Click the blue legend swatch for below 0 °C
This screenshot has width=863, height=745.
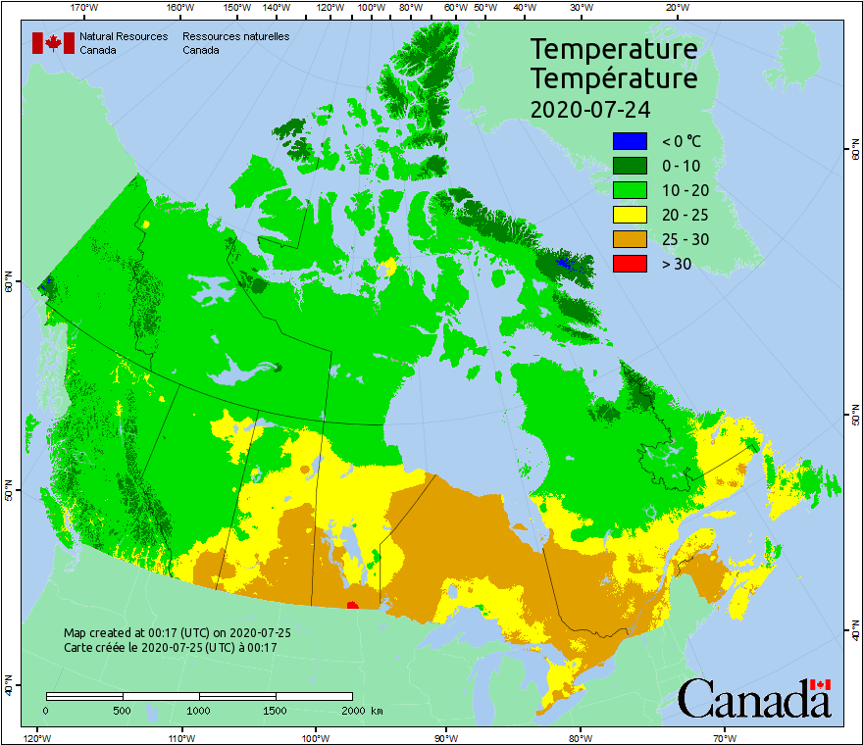tap(630, 141)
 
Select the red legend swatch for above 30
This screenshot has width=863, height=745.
tap(630, 263)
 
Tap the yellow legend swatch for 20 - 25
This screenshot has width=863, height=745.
tap(630, 215)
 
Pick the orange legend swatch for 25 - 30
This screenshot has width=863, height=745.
tap(630, 239)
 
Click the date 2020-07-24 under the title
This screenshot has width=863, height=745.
tap(590, 108)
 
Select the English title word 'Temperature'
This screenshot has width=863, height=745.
tap(614, 49)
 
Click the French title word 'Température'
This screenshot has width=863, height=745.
tap(614, 77)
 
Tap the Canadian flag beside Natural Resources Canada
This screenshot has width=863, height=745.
tap(53, 43)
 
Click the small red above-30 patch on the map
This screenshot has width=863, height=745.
tap(352, 605)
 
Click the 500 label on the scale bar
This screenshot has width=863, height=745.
tap(123, 710)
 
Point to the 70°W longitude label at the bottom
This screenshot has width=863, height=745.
tap(724, 737)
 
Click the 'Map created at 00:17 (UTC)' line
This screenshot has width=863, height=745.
tap(177, 633)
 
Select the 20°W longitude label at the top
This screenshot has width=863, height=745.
tap(676, 7)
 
